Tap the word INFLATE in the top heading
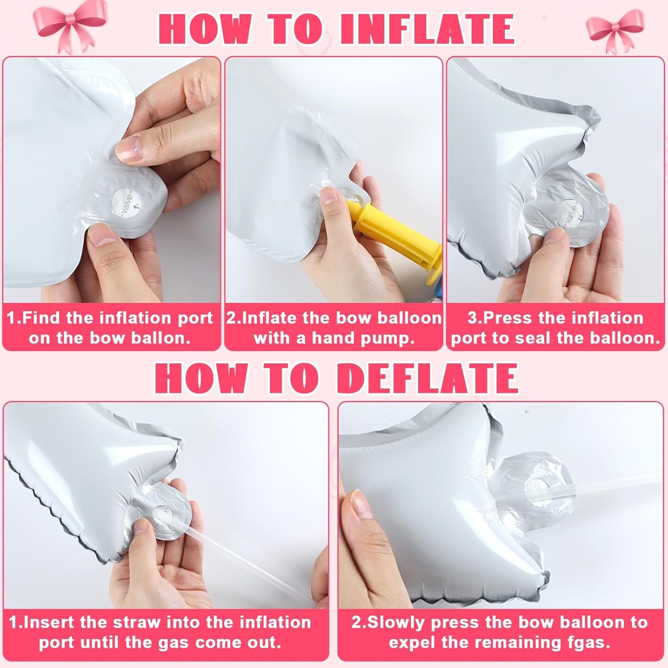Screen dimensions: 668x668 coord(427,30)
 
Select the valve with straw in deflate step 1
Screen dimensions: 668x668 coord(162,514)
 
